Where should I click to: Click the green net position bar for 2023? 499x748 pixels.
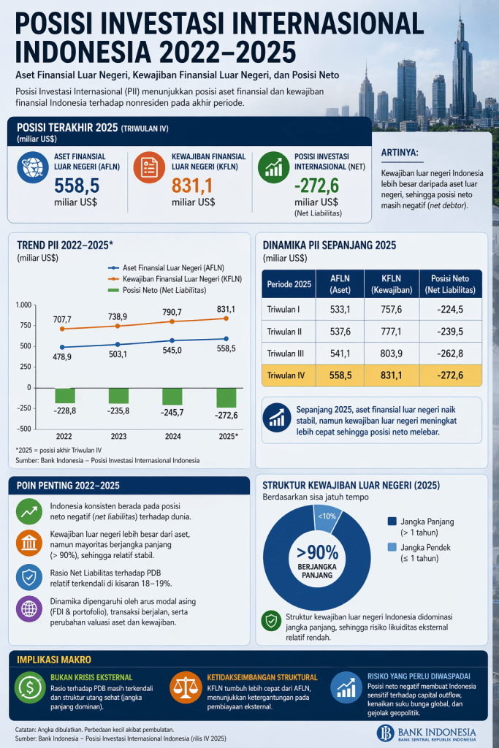point(119,395)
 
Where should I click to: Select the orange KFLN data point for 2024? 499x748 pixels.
point(172,321)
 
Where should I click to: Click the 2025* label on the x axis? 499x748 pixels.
point(227,435)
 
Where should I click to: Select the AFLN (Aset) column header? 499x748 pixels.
point(340,283)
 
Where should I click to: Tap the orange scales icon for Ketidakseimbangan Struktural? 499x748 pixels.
point(186,687)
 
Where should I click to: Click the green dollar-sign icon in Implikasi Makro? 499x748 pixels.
point(31,687)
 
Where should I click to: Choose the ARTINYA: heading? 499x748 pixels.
point(400,152)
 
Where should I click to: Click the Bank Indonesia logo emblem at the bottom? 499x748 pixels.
point(386,733)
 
